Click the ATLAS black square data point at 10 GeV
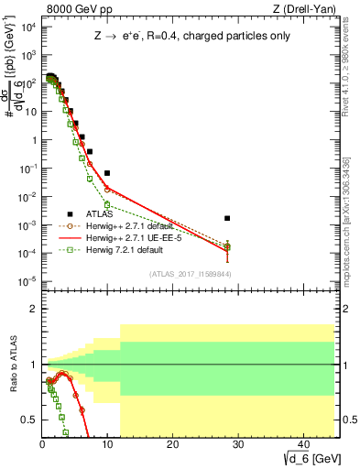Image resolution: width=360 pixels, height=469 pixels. coord(107,173)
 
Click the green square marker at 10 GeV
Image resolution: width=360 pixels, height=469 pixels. coord(107,204)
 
